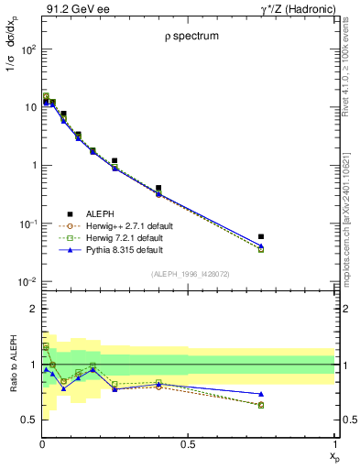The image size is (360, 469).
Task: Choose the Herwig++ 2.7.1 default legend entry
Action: pyautogui.click(x=125, y=224)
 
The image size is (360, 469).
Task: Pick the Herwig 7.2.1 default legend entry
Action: pyautogui.click(x=123, y=237)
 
